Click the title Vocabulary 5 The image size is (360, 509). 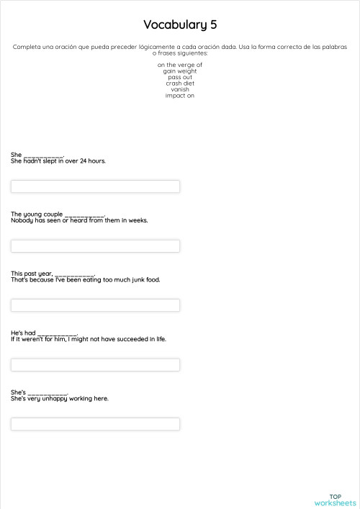coord(180,25)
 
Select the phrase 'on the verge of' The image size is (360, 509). coord(180,65)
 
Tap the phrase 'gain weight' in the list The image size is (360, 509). coord(180,71)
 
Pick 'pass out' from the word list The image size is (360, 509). coord(180,77)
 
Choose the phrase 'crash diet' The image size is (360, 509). coord(180,84)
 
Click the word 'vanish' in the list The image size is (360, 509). coord(180,89)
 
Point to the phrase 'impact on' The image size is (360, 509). coord(180,96)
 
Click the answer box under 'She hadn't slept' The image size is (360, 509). coord(95,186)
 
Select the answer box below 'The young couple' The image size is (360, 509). coord(95,246)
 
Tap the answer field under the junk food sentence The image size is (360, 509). coord(95,305)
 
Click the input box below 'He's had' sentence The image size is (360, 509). coord(95,365)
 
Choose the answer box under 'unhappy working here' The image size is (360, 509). coord(95,424)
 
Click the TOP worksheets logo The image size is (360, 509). coord(335,500)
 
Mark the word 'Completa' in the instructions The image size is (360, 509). coord(25,47)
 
